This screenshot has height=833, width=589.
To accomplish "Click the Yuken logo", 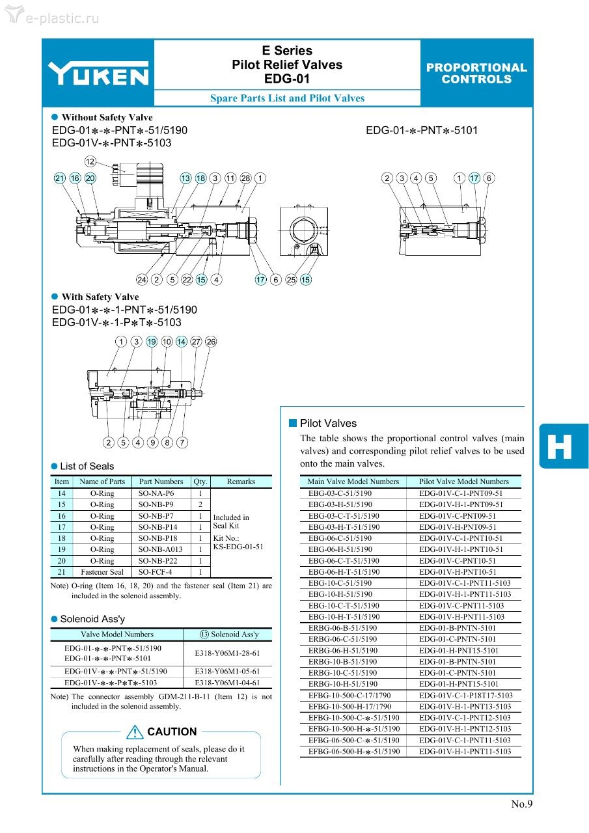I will coord(98,73).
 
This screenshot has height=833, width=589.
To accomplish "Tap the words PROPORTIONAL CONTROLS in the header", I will coord(476,73).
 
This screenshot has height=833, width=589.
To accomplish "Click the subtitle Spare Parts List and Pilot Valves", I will coord(287,98).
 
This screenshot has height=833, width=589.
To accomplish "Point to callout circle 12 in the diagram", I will coord(90,161).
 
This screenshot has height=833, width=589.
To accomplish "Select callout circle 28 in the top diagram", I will coord(245,178).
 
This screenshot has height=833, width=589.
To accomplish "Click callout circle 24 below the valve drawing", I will coord(142,280).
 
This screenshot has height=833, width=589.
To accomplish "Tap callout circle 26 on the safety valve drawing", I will coord(211,342).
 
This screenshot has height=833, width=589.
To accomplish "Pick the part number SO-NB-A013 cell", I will coord(161,549).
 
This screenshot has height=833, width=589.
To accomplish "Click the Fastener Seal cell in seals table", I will coord(102,572).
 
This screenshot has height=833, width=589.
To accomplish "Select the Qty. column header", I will coord(200,482).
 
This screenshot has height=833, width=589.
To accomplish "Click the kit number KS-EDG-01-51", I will coord(238,547).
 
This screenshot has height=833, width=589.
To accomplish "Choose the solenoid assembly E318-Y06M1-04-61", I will coord(227,683).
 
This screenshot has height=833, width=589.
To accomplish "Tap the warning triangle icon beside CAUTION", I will coord(135,731).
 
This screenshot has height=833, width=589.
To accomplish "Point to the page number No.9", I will coord(521,804).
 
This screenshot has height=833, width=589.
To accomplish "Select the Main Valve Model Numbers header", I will coord(353,482).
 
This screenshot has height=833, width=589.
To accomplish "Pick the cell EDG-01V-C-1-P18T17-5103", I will coord(465,695).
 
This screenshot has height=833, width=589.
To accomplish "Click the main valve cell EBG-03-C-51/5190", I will coord(340,493).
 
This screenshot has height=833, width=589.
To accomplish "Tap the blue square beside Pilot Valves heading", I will coord(293,423).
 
